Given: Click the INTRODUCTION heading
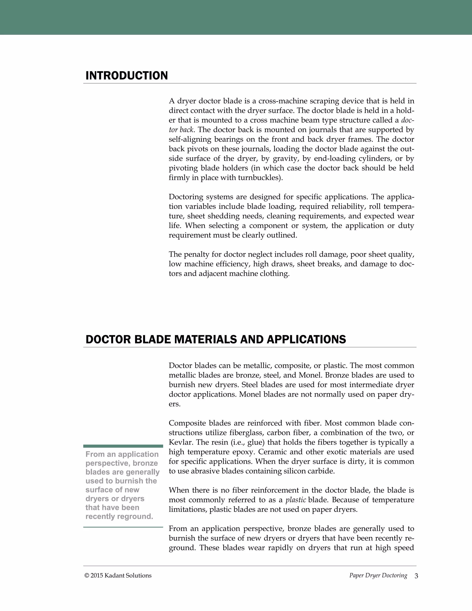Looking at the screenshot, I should click(127, 76).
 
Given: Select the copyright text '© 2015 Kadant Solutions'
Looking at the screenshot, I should click(118, 575).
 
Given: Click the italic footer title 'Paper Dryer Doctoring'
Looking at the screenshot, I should click(378, 575).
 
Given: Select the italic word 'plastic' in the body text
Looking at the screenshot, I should click(295, 500).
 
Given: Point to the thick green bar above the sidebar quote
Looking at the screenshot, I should click(123, 446).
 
